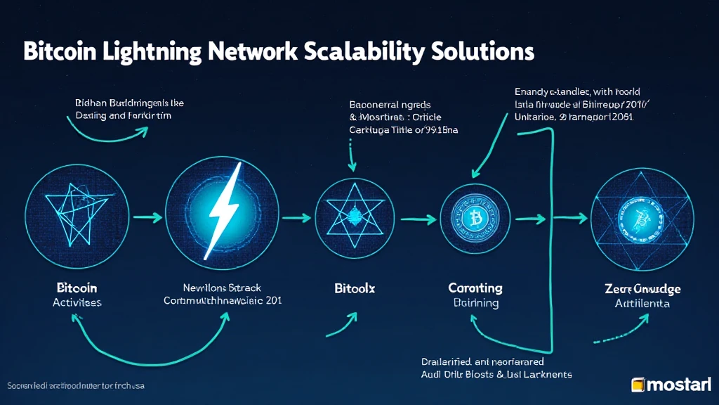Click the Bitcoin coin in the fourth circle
point(476,219)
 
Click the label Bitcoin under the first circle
point(77,288)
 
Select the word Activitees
point(77,302)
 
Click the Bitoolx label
point(350,289)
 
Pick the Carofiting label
point(475,288)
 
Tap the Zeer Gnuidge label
point(642,289)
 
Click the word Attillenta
point(642,304)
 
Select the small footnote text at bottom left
point(77,387)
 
